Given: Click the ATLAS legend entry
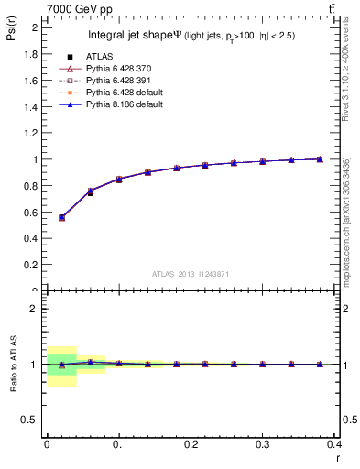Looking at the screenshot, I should click(x=96, y=58).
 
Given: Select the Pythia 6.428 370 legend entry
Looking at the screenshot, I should click(x=107, y=70).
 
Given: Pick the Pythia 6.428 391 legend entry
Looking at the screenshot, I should click(x=107, y=82).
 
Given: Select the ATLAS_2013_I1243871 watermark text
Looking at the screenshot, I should click(x=190, y=274).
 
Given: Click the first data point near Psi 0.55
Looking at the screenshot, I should click(x=62, y=218).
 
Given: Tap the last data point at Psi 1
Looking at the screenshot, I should click(x=320, y=159).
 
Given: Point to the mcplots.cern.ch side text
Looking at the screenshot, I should click(x=345, y=220).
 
